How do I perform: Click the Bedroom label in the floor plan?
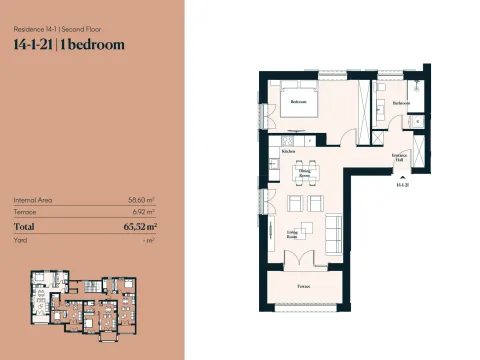(298, 102)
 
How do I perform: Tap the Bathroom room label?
(401, 103)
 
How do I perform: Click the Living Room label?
(293, 234)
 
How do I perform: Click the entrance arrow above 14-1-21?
(402, 177)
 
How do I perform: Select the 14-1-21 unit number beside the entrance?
(402, 186)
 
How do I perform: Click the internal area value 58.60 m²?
(144, 200)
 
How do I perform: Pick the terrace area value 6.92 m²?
(147, 213)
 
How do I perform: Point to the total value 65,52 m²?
(139, 228)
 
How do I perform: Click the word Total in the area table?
(27, 228)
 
